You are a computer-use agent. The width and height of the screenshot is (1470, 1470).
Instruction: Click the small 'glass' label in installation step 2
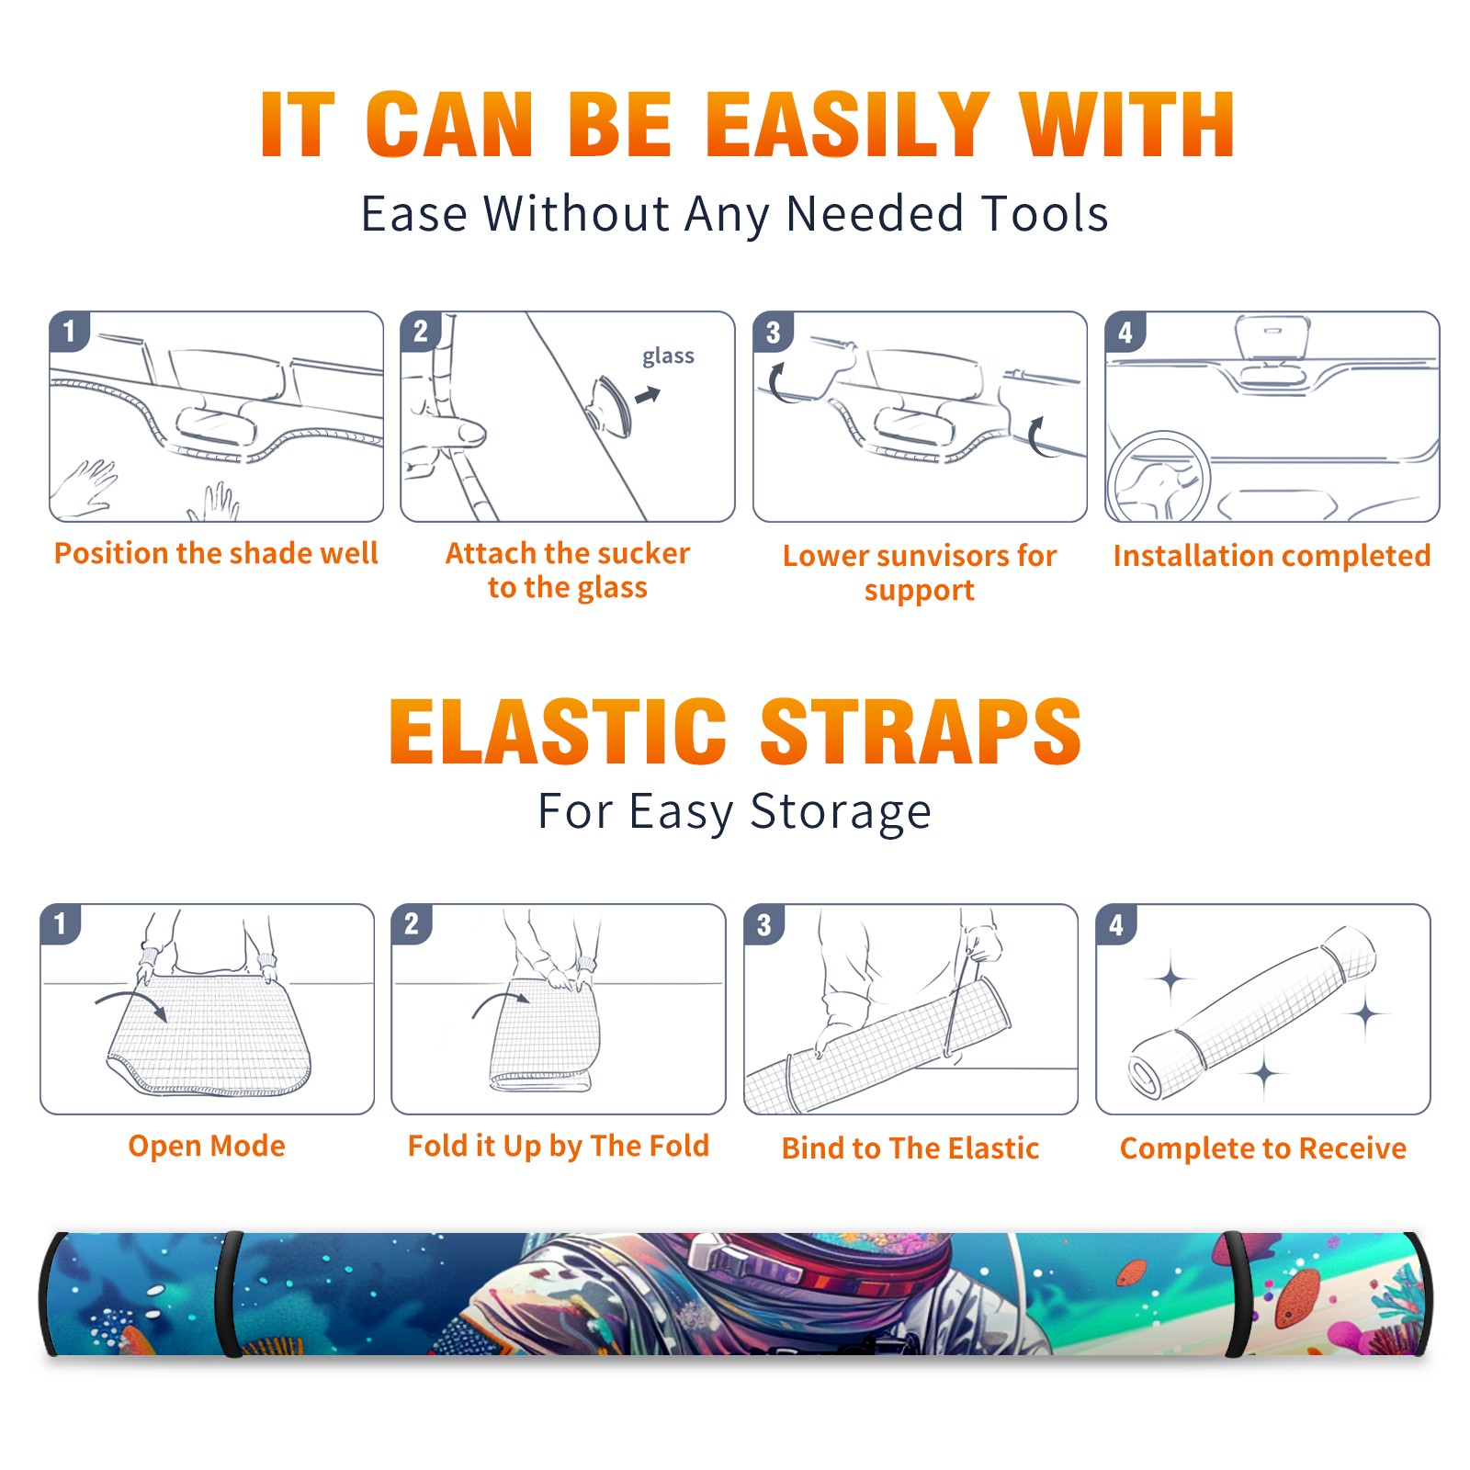click(668, 356)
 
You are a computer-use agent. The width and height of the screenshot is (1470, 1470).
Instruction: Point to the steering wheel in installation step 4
click(1159, 476)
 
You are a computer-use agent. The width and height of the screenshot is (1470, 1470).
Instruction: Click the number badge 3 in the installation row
click(773, 332)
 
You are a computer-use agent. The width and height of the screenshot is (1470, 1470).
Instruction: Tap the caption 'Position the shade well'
click(216, 553)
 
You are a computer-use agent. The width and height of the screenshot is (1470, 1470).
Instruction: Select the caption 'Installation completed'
click(1272, 556)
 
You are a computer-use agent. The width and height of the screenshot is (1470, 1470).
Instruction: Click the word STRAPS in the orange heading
click(921, 731)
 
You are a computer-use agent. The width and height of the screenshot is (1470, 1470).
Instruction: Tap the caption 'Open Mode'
click(207, 1146)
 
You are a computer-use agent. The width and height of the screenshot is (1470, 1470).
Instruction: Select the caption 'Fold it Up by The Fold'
click(559, 1146)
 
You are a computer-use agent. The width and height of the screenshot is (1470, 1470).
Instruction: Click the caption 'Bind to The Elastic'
click(910, 1148)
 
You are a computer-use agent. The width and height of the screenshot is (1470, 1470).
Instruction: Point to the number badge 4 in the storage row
click(1116, 924)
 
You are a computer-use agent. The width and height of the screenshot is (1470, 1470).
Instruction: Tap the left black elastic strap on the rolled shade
click(230, 1294)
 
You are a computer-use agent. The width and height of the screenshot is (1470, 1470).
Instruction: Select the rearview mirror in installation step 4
click(1272, 337)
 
